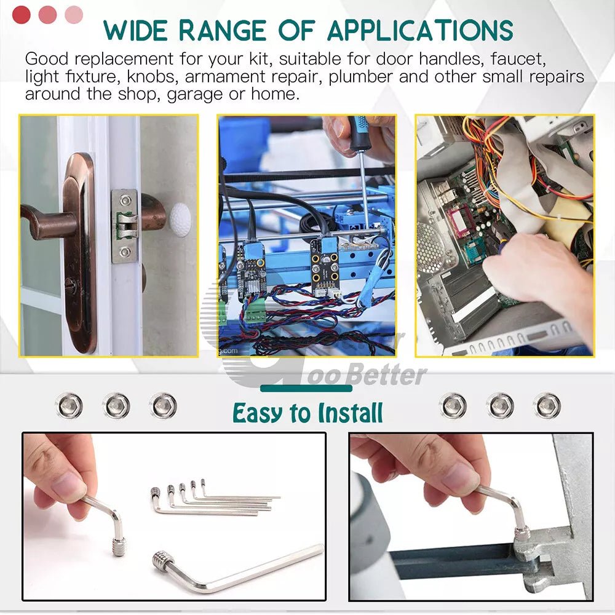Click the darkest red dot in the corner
click(x=21, y=15)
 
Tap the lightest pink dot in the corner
click(x=74, y=15)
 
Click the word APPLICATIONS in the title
click(x=420, y=30)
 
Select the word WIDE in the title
click(x=136, y=31)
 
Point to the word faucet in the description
click(x=518, y=59)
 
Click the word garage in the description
click(x=194, y=95)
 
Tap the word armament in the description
click(x=225, y=77)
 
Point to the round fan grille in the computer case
click(x=429, y=247)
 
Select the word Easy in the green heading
click(x=257, y=413)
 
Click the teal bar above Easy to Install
click(x=306, y=388)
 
